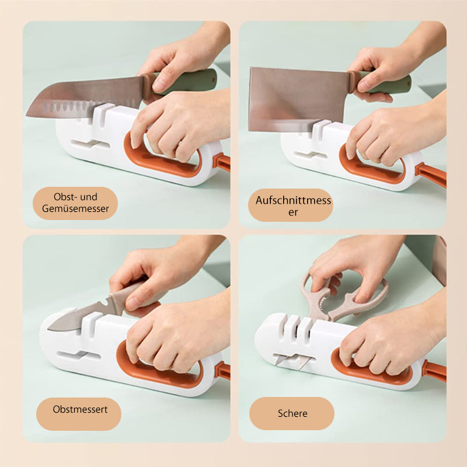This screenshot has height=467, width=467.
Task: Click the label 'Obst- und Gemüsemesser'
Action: (75, 203)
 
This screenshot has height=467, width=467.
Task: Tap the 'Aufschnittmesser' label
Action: (293, 206)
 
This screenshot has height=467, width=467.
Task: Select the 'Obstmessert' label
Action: (80, 409)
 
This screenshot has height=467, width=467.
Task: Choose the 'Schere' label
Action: (292, 413)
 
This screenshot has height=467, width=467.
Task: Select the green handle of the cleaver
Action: (384, 82)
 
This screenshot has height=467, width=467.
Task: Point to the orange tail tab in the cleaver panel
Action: (431, 174)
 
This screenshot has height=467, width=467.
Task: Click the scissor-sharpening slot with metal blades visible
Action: (294, 361)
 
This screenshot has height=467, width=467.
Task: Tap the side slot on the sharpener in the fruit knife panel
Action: (79, 356)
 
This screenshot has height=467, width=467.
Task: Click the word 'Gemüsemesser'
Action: (75, 208)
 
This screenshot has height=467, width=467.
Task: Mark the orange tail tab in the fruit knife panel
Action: (222, 371)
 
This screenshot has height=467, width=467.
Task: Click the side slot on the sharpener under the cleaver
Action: (311, 155)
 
